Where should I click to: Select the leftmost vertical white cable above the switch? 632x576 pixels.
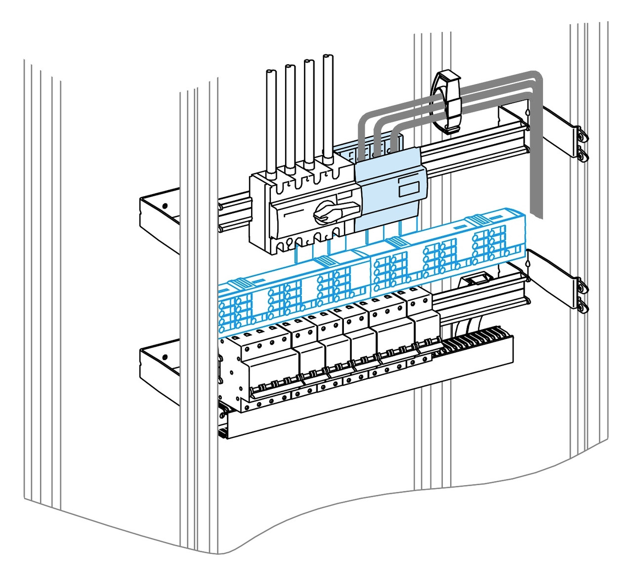click(271, 123)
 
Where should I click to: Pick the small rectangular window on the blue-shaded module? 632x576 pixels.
click(408, 189)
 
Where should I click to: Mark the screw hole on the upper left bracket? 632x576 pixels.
click(165, 206)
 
